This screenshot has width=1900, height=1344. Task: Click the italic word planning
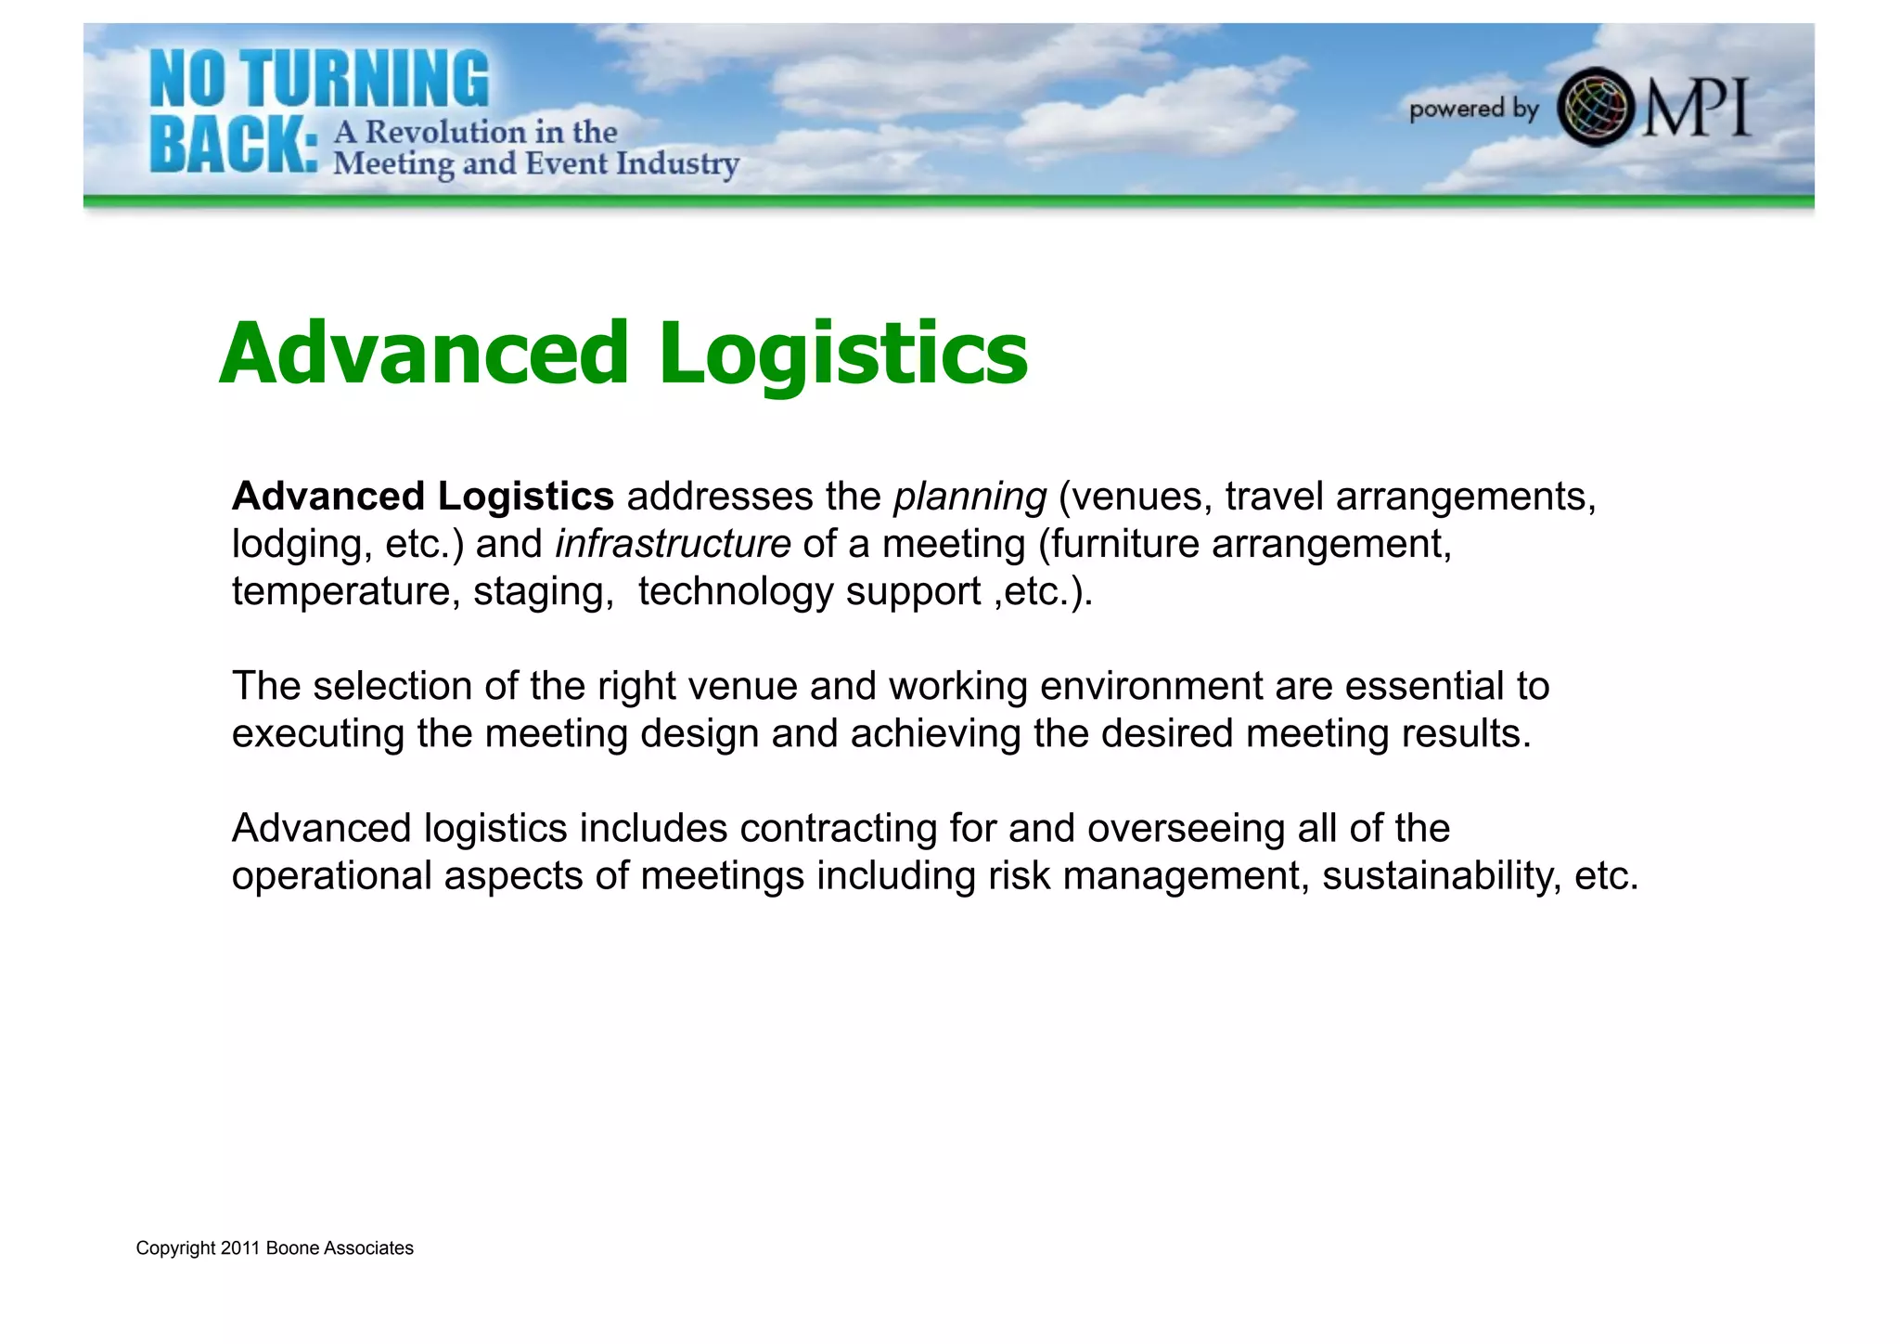(969, 498)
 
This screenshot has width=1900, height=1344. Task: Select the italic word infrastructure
(673, 545)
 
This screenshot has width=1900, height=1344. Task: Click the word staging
(543, 592)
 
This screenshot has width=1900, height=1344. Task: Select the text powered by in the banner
(1473, 110)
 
